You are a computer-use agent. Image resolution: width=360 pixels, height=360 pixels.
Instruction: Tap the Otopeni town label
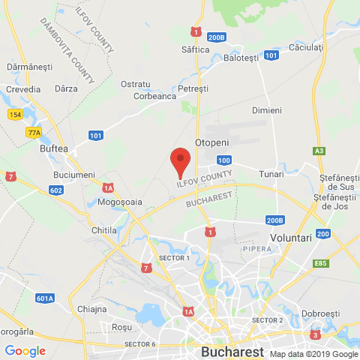click(x=211, y=142)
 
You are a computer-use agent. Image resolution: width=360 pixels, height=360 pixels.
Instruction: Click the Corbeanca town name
click(x=154, y=96)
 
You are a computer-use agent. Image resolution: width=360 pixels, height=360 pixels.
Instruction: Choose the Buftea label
click(x=54, y=148)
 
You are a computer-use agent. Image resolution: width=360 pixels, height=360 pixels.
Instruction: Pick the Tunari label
click(x=271, y=173)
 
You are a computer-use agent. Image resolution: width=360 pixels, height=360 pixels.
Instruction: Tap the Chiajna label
click(x=91, y=309)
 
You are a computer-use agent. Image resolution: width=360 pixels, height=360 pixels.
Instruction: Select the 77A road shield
click(x=34, y=132)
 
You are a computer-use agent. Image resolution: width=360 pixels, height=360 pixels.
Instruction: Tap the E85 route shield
click(x=322, y=263)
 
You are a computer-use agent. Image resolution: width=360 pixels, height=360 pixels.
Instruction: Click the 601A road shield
click(x=45, y=298)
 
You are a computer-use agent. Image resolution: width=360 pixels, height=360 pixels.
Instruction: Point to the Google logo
click(x=25, y=350)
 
